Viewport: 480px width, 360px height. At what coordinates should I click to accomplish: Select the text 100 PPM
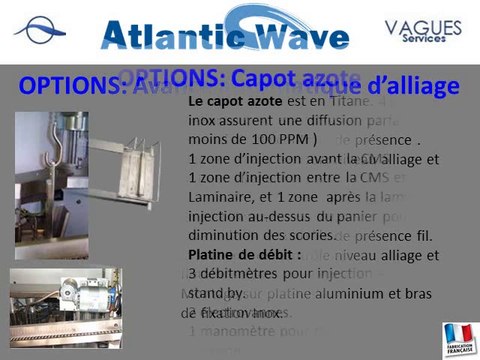[267, 138]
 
